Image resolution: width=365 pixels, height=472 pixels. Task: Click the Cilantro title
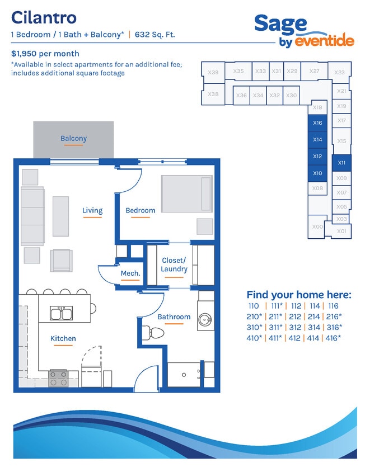44,17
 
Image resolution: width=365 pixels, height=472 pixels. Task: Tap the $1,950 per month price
45,54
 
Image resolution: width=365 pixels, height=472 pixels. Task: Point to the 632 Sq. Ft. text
155,35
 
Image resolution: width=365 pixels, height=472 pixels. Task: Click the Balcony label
73,139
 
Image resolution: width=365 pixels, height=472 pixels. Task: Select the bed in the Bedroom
187,194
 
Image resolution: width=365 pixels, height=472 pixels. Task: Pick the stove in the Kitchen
58,379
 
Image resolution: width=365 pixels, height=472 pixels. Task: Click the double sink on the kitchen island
61,313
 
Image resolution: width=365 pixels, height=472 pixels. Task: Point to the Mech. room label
130,273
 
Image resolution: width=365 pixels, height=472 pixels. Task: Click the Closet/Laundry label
174,265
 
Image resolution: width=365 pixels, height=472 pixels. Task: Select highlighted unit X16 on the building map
317,123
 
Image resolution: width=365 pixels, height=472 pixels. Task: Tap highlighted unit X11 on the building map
341,163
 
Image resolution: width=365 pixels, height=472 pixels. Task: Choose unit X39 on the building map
213,72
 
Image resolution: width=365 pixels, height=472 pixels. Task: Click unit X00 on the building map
317,226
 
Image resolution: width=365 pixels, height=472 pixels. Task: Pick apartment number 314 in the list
313,327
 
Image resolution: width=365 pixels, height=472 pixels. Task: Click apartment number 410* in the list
254,338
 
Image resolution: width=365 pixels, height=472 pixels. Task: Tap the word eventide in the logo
324,41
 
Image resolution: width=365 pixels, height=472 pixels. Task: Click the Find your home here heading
299,294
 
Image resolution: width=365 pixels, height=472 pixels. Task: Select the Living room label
92,210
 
